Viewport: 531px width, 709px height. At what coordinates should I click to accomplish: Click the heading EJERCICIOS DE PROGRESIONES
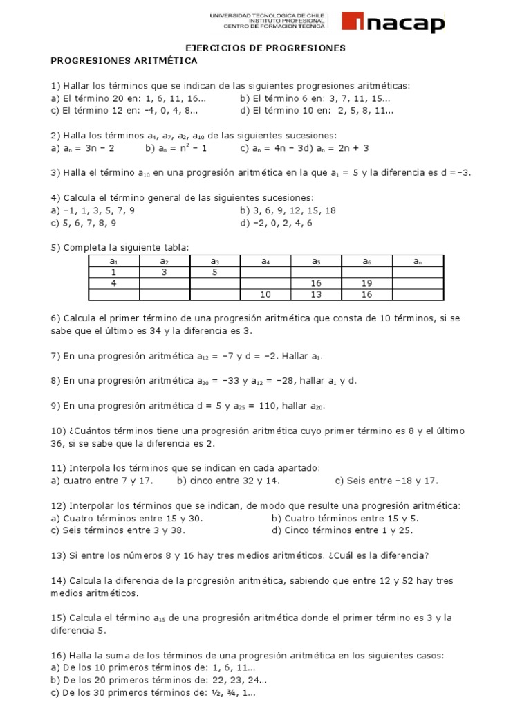[x=266, y=48]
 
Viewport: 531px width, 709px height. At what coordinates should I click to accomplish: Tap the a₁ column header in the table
[x=114, y=261]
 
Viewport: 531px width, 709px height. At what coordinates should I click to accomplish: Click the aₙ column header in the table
[x=418, y=261]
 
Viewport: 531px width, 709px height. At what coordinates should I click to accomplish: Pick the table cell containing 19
[x=367, y=283]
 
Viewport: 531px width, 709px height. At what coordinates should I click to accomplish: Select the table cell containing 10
[x=265, y=295]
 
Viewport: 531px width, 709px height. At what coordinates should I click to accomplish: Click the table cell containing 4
[x=114, y=283]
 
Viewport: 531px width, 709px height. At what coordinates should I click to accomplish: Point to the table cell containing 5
[x=215, y=272]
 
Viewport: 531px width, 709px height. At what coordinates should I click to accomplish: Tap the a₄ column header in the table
[x=265, y=261]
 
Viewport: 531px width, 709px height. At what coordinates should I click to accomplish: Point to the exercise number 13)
[x=58, y=555]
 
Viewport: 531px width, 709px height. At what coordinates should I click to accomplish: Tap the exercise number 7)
[x=55, y=356]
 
